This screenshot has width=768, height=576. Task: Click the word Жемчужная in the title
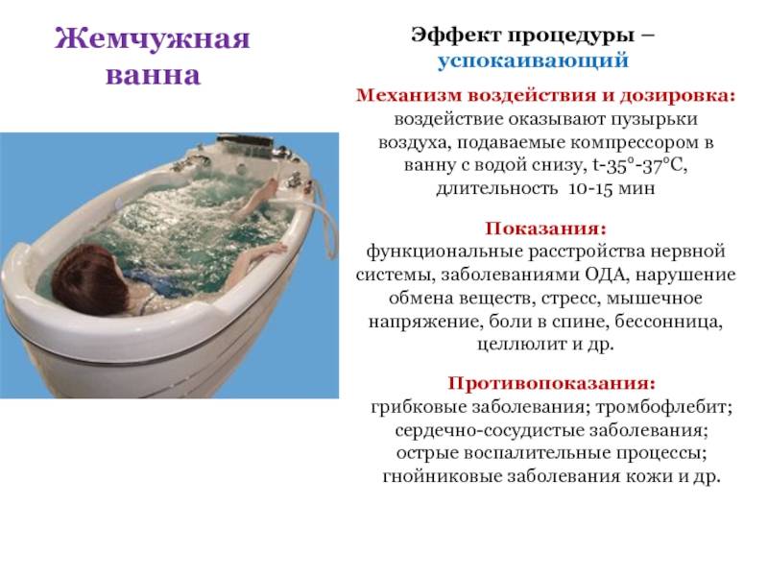(153, 38)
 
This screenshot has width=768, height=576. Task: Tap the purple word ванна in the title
(154, 75)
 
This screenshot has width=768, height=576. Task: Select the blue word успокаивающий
(533, 60)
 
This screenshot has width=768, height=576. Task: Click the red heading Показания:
(545, 228)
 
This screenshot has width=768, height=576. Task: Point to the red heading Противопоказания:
(551, 383)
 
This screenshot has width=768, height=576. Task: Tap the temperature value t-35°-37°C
(640, 165)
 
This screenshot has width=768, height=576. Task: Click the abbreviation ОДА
(607, 275)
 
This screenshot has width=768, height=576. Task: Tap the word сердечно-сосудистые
(489, 430)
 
